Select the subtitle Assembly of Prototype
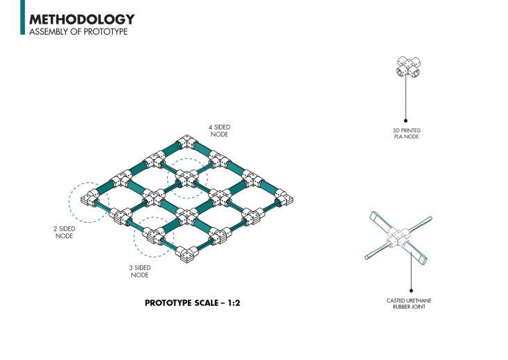click(78, 32)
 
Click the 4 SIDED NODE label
click(219, 131)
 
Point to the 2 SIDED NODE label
click(64, 232)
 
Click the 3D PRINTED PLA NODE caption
click(406, 133)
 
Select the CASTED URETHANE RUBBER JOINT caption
click(409, 303)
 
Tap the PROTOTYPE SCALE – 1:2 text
click(186, 303)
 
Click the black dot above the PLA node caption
click(406, 120)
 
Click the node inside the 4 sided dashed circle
click(186, 179)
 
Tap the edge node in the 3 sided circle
click(154, 236)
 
